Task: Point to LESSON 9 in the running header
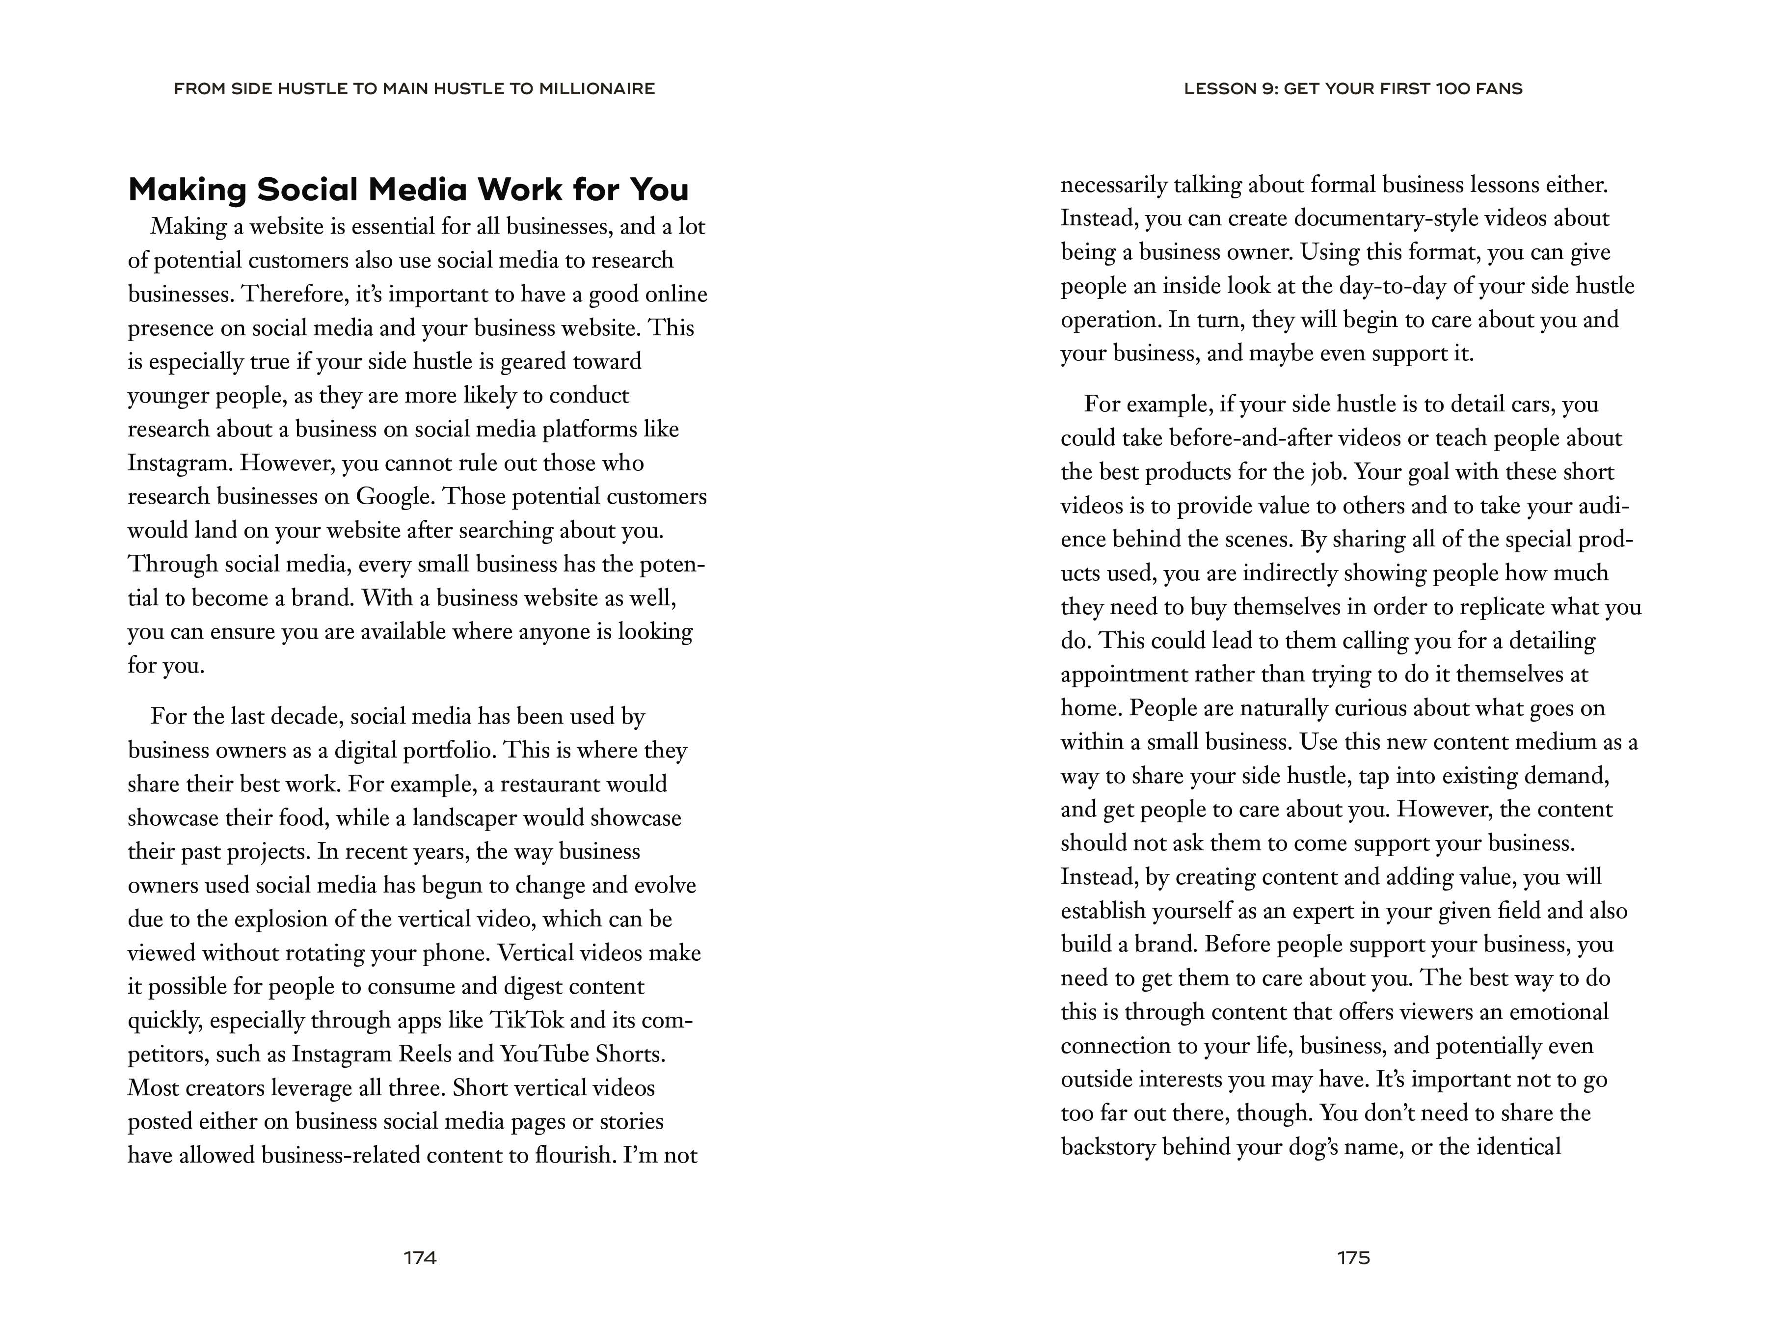[x=1229, y=89]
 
